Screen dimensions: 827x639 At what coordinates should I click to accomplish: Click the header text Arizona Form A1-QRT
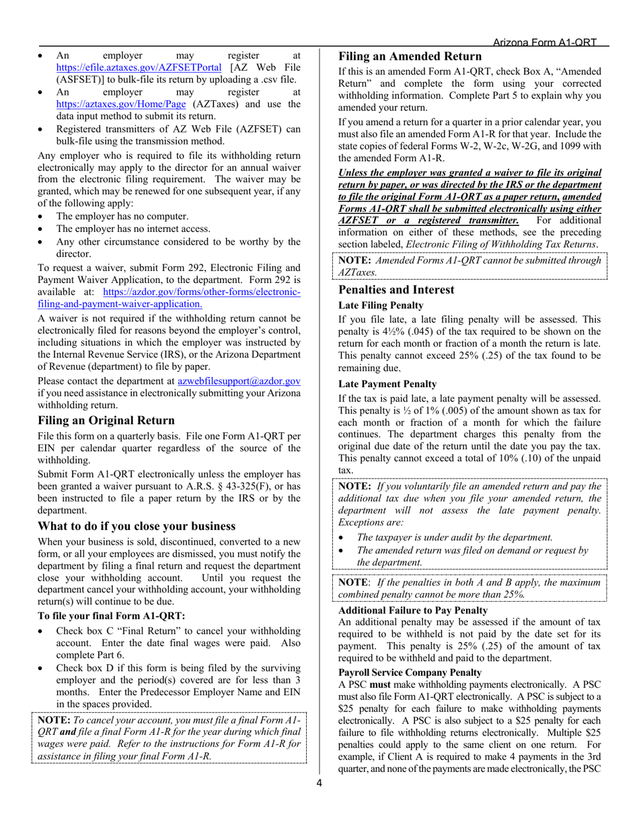(x=544, y=42)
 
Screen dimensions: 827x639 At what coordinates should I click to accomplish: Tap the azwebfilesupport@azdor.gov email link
(x=238, y=381)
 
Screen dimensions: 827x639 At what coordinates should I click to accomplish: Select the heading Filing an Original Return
(x=106, y=420)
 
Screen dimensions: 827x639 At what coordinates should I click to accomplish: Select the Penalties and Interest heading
(x=396, y=290)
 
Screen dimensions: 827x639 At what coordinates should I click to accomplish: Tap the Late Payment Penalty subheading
(x=387, y=384)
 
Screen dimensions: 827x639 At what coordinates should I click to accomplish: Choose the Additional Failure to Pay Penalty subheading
(x=412, y=611)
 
